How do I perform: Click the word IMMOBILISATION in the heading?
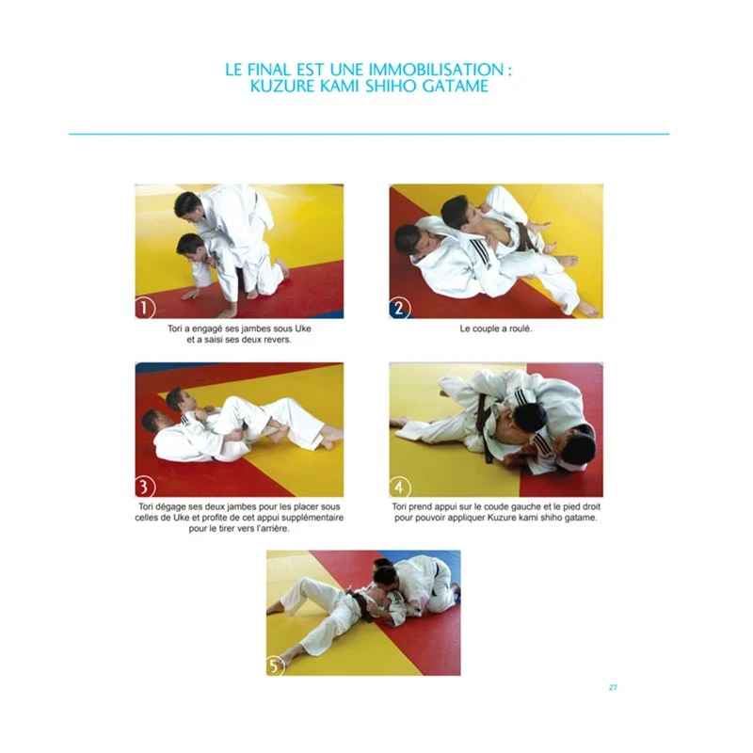pos(436,70)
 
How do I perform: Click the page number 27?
pos(613,688)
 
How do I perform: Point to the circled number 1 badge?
pos(145,308)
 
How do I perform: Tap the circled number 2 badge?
pos(399,308)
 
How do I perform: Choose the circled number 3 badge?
pos(145,487)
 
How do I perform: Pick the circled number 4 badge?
pos(399,487)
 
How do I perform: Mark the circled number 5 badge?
pos(275,666)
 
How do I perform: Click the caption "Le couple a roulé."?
pos(496,328)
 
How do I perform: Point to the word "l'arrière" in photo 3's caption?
pos(273,529)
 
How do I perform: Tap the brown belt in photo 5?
pos(361,603)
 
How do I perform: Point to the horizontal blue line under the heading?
pos(369,134)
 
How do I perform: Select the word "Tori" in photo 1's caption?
pos(175,328)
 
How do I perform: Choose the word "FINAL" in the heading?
pos(269,70)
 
